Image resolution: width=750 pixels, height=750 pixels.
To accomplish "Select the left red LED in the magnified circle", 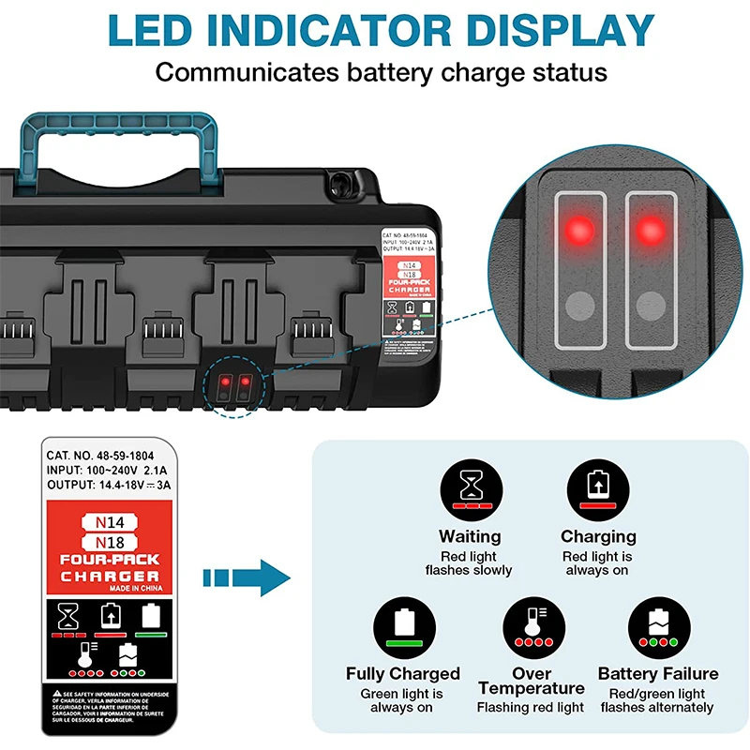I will pyautogui.click(x=579, y=228).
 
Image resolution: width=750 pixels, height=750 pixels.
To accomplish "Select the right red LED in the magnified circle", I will pyautogui.click(x=649, y=228).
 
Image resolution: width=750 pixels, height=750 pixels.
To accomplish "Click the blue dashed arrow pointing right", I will pyautogui.click(x=247, y=574).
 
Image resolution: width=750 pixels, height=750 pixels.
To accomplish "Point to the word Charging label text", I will pyautogui.click(x=598, y=537).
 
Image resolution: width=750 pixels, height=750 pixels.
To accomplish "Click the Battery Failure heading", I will pyautogui.click(x=658, y=674).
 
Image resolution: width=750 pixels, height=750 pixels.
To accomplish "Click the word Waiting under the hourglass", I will pyautogui.click(x=470, y=537).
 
